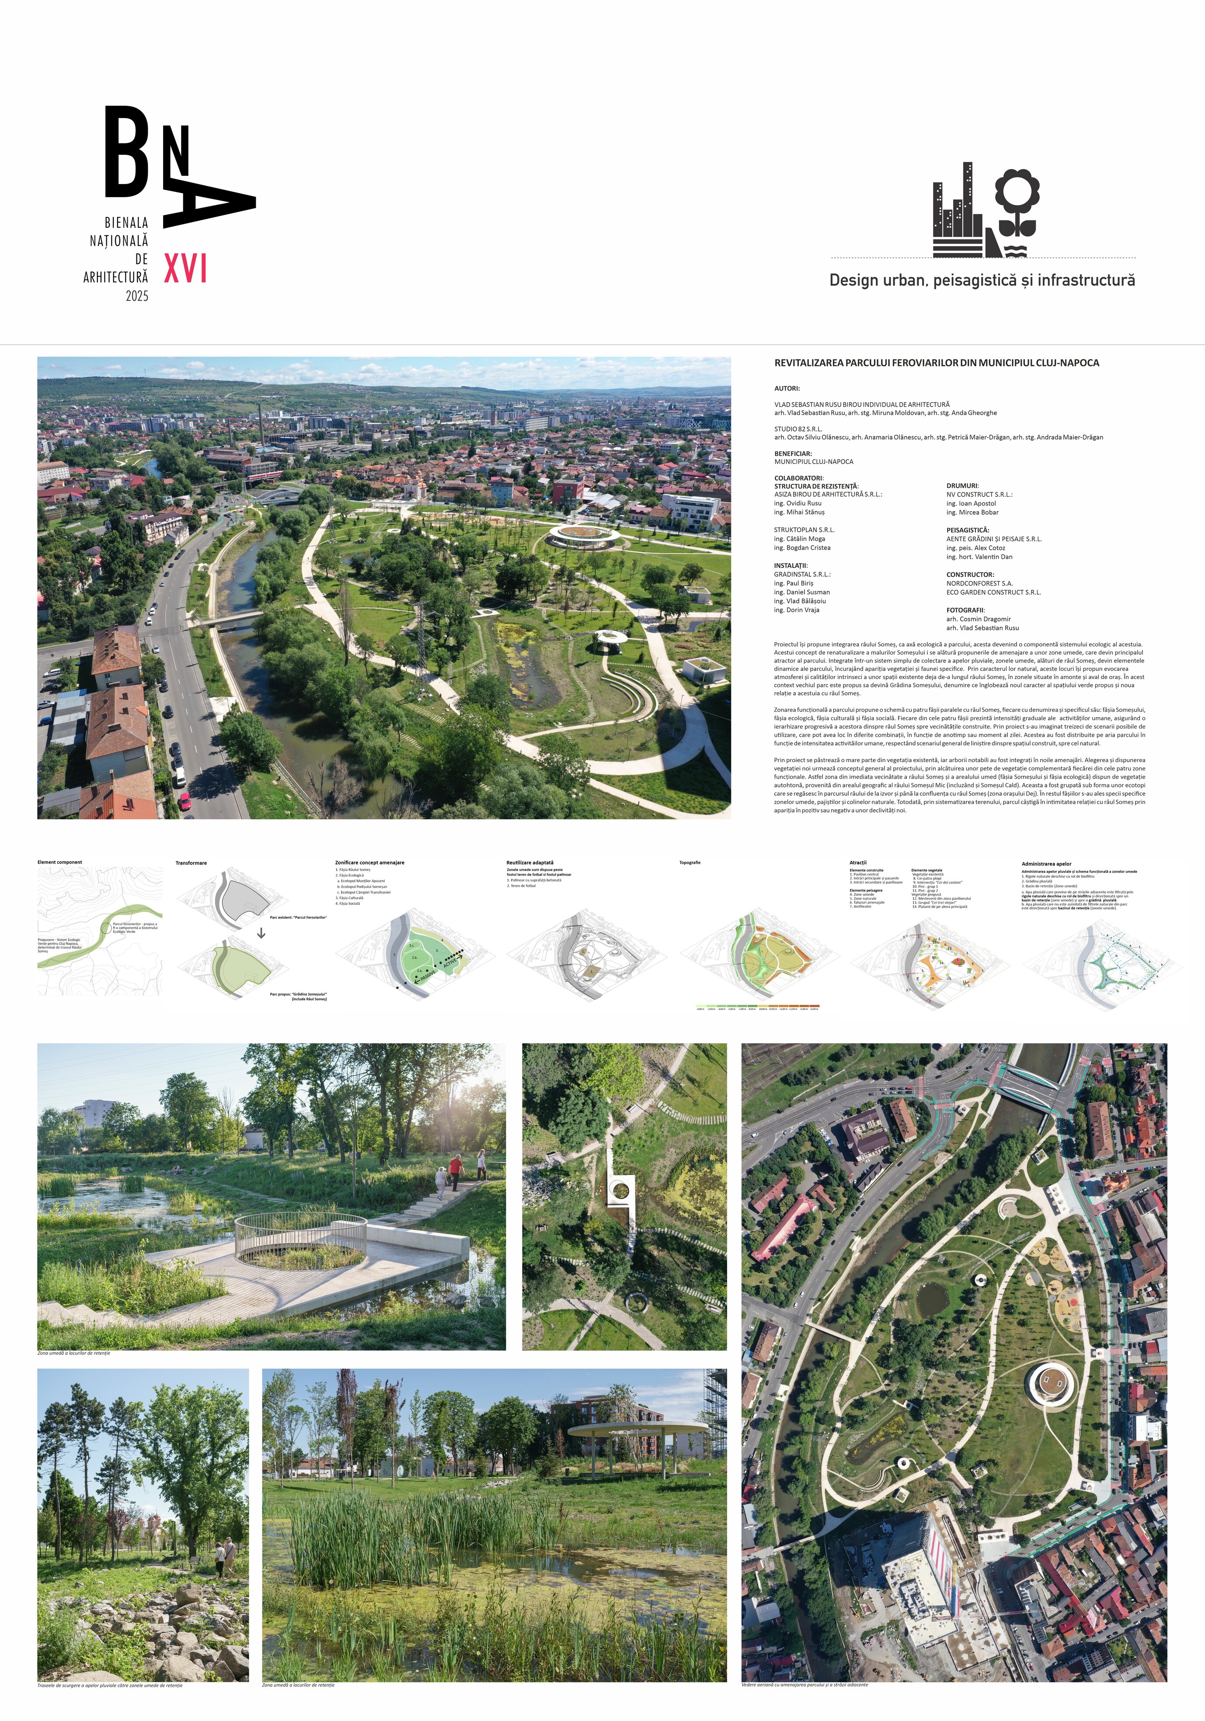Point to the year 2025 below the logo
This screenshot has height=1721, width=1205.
[137, 296]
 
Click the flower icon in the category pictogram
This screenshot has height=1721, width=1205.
[1017, 199]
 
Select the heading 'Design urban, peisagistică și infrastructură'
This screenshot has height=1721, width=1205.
[982, 280]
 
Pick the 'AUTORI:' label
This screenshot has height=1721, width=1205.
[787, 388]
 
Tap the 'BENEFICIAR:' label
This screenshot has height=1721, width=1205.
[793, 453]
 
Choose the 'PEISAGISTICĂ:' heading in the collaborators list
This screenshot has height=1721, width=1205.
[968, 530]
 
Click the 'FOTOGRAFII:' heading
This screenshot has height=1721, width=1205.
[965, 610]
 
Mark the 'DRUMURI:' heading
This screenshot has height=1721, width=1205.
[962, 486]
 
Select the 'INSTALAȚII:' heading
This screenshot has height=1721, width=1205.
[791, 565]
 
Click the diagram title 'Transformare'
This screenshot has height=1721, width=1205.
[191, 863]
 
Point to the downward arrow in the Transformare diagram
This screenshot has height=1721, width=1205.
[261, 933]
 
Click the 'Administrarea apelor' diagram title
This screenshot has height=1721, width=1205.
[1046, 864]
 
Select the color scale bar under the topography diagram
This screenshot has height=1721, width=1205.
[758, 1006]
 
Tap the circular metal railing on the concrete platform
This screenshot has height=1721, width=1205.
[300, 1237]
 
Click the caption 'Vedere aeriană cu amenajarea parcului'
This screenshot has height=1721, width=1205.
[804, 1684]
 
